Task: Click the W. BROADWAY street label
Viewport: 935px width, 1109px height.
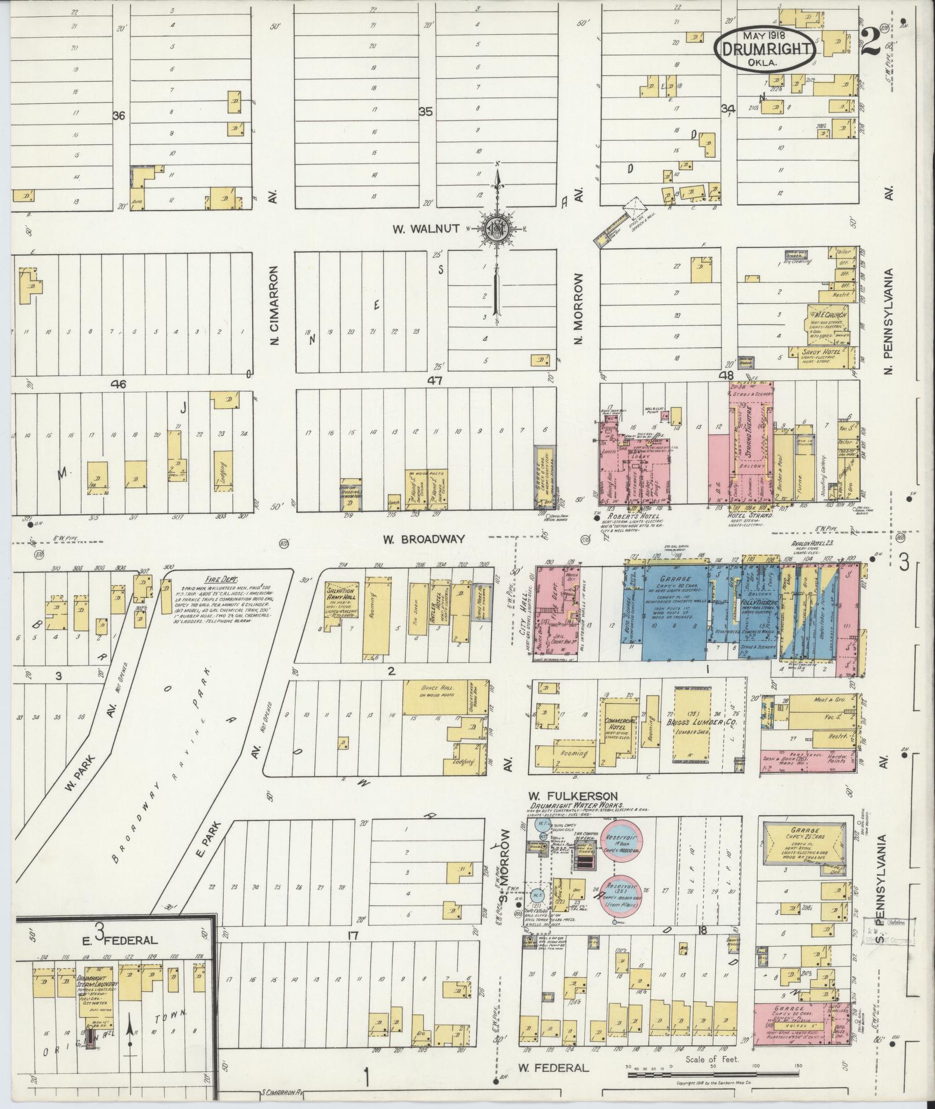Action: (424, 539)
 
